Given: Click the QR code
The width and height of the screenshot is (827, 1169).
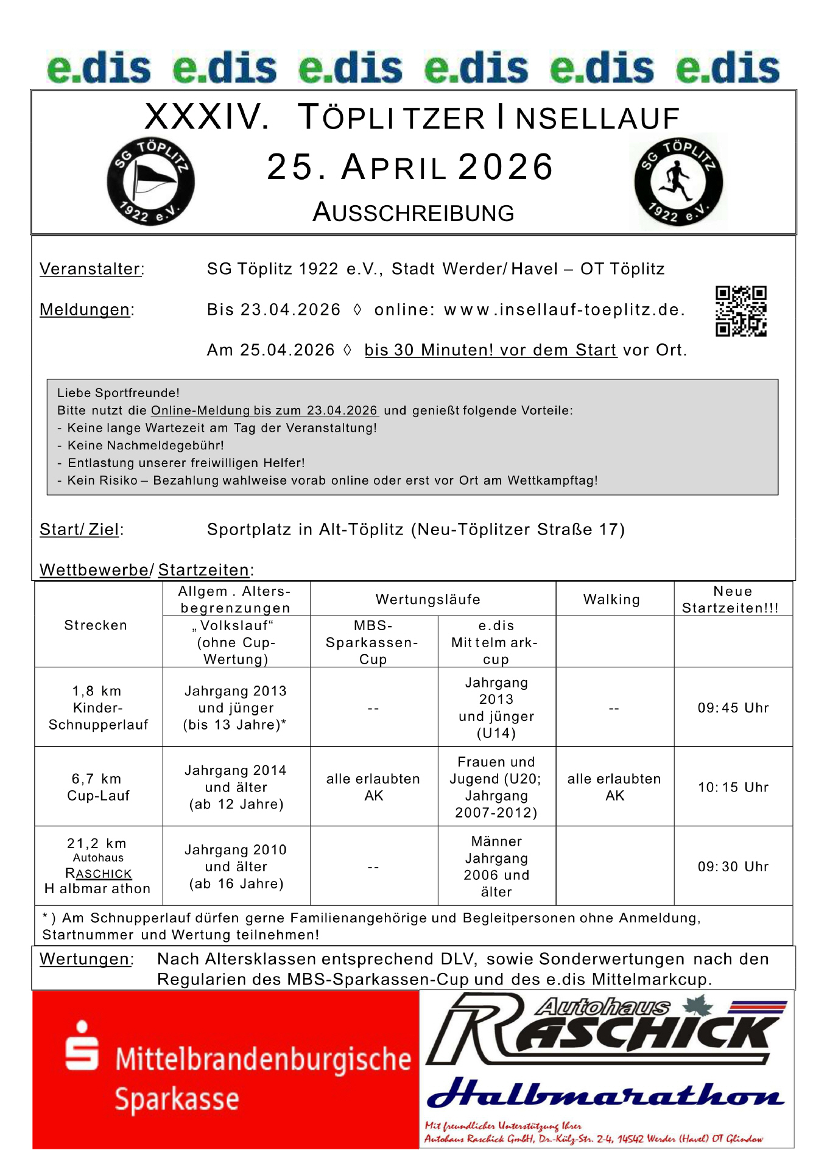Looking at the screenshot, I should click(741, 311).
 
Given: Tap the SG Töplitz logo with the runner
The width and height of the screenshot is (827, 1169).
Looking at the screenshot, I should click(678, 181).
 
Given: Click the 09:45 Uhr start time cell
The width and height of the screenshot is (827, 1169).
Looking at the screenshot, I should click(733, 707).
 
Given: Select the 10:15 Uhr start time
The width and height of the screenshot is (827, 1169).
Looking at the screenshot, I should click(733, 787).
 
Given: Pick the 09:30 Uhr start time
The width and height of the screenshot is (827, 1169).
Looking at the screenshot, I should click(733, 866).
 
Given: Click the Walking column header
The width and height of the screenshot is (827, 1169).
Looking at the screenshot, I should click(611, 600).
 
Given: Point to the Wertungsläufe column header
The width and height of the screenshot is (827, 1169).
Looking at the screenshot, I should click(428, 600).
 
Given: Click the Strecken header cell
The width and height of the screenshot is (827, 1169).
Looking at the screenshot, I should click(96, 625).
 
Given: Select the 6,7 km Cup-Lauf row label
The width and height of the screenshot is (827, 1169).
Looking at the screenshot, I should click(98, 787).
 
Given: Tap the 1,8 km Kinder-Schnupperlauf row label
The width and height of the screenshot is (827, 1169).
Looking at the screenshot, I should click(98, 707).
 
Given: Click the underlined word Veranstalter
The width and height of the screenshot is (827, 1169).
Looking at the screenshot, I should click(91, 269).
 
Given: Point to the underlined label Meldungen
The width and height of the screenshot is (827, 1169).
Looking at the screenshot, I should click(85, 310).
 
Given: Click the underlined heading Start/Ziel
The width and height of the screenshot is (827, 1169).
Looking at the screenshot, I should click(79, 530).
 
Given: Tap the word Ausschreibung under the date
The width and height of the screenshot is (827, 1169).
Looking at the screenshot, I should click(413, 212).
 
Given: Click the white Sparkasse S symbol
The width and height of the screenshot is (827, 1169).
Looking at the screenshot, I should click(82, 1045).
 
